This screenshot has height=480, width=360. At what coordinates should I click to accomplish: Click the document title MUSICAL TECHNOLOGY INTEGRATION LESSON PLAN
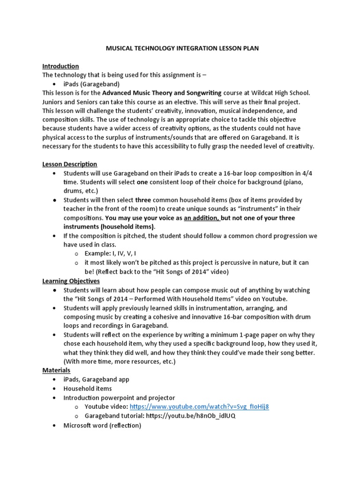click(180, 48)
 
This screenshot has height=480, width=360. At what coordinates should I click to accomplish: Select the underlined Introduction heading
click(60, 66)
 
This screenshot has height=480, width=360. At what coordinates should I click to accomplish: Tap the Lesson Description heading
click(70, 164)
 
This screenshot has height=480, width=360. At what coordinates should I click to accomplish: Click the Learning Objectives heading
click(71, 281)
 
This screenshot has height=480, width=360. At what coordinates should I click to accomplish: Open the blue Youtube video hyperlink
click(199, 407)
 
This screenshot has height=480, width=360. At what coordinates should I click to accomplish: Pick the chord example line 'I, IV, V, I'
click(126, 254)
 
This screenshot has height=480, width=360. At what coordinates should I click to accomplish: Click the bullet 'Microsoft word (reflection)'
click(102, 425)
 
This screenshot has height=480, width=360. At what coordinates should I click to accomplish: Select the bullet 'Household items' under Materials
click(88, 389)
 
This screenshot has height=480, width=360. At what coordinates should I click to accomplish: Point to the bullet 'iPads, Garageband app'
click(97, 379)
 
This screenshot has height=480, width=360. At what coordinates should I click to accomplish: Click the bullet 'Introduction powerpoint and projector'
click(119, 397)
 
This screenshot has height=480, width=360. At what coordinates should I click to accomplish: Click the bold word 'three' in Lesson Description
click(143, 200)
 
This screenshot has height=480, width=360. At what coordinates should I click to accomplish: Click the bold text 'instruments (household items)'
click(109, 227)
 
